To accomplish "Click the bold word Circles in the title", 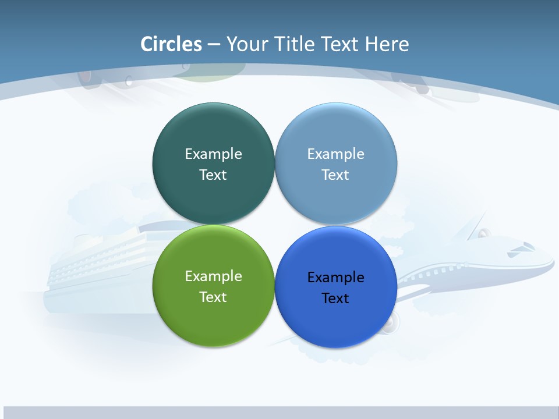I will [171, 44].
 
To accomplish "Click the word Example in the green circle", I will [213, 276].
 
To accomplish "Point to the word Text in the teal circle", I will [213, 175].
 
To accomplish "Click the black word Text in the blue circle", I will [335, 299].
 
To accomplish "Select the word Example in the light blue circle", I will [335, 154].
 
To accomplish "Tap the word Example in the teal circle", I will [213, 154].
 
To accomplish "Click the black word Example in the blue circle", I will [335, 278].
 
